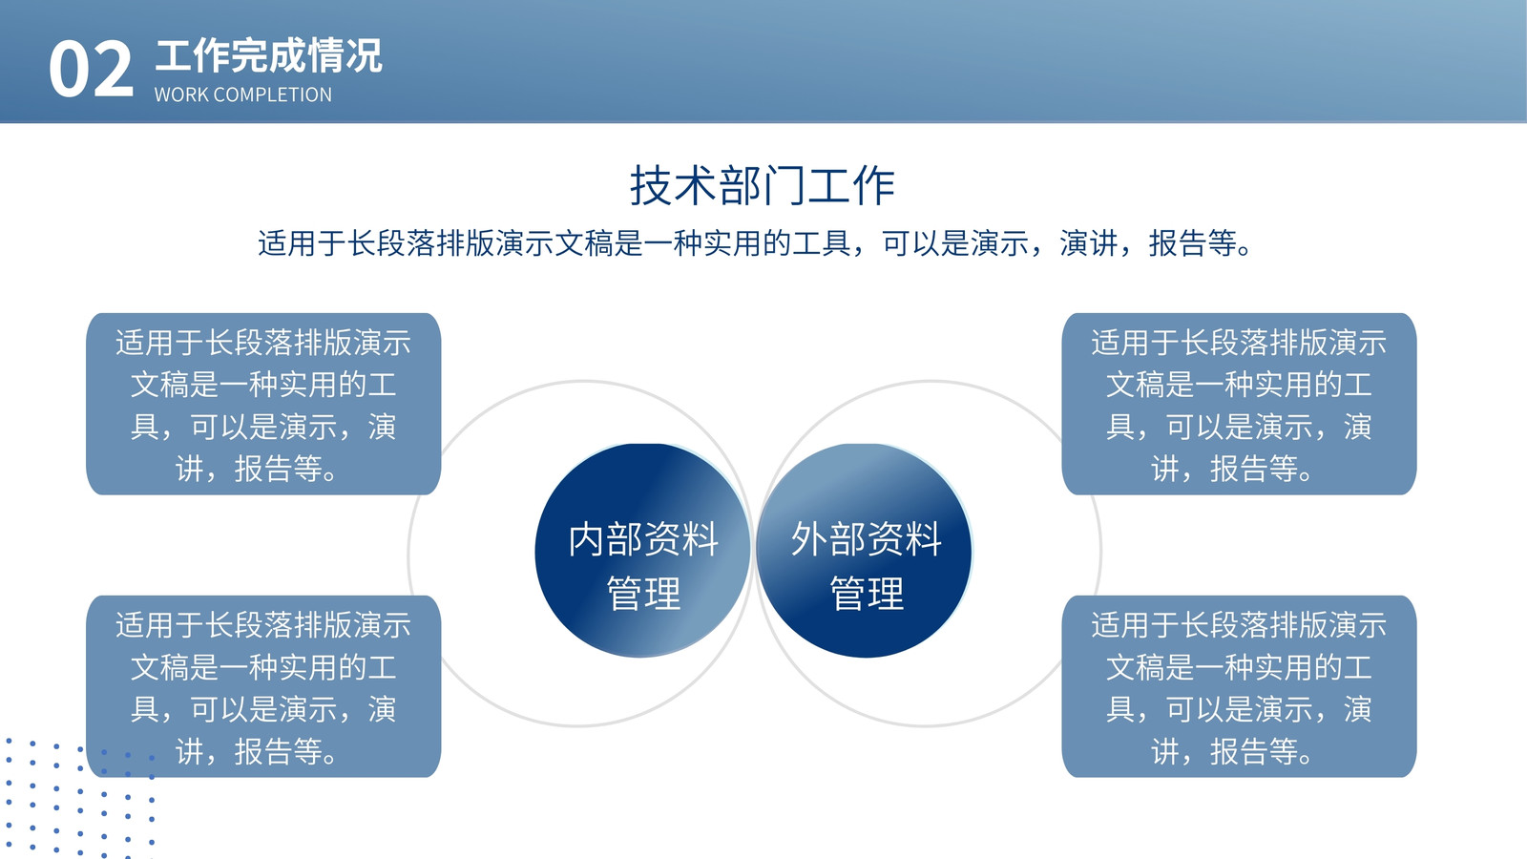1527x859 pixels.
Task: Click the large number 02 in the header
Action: coord(91,69)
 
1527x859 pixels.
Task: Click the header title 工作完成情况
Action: coord(268,56)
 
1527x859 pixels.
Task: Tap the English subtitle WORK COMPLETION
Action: coord(243,94)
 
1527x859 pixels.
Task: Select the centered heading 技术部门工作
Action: coord(763,185)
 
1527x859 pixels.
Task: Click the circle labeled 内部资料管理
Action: coord(643,551)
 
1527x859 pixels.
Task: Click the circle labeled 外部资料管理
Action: coord(865,551)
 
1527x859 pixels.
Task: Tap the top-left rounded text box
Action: coord(263,405)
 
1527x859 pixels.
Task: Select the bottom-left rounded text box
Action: coord(263,686)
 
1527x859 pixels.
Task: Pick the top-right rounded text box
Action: coord(1240,405)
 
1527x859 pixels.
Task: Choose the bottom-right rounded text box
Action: coord(1240,686)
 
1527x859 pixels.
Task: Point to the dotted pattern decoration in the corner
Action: coord(78,799)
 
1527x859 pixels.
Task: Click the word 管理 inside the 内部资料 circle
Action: coord(643,593)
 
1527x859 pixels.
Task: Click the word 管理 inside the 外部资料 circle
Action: coord(867,593)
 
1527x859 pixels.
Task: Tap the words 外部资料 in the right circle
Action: coord(867,538)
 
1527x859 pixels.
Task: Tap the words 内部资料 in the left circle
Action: coord(643,538)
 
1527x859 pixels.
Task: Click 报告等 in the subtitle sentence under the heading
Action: coord(1193,243)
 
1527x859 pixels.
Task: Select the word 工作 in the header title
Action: coord(193,56)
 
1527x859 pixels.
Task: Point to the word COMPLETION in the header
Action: coord(272,94)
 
